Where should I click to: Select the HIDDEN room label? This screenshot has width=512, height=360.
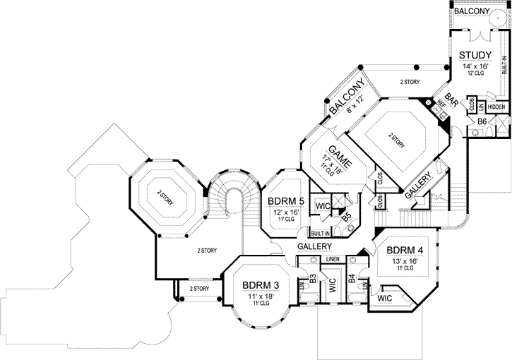pyautogui.click(x=496, y=107)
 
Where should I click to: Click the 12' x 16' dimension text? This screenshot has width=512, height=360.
pyautogui.click(x=286, y=212)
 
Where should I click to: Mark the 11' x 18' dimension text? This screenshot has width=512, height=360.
pyautogui.click(x=261, y=296)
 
